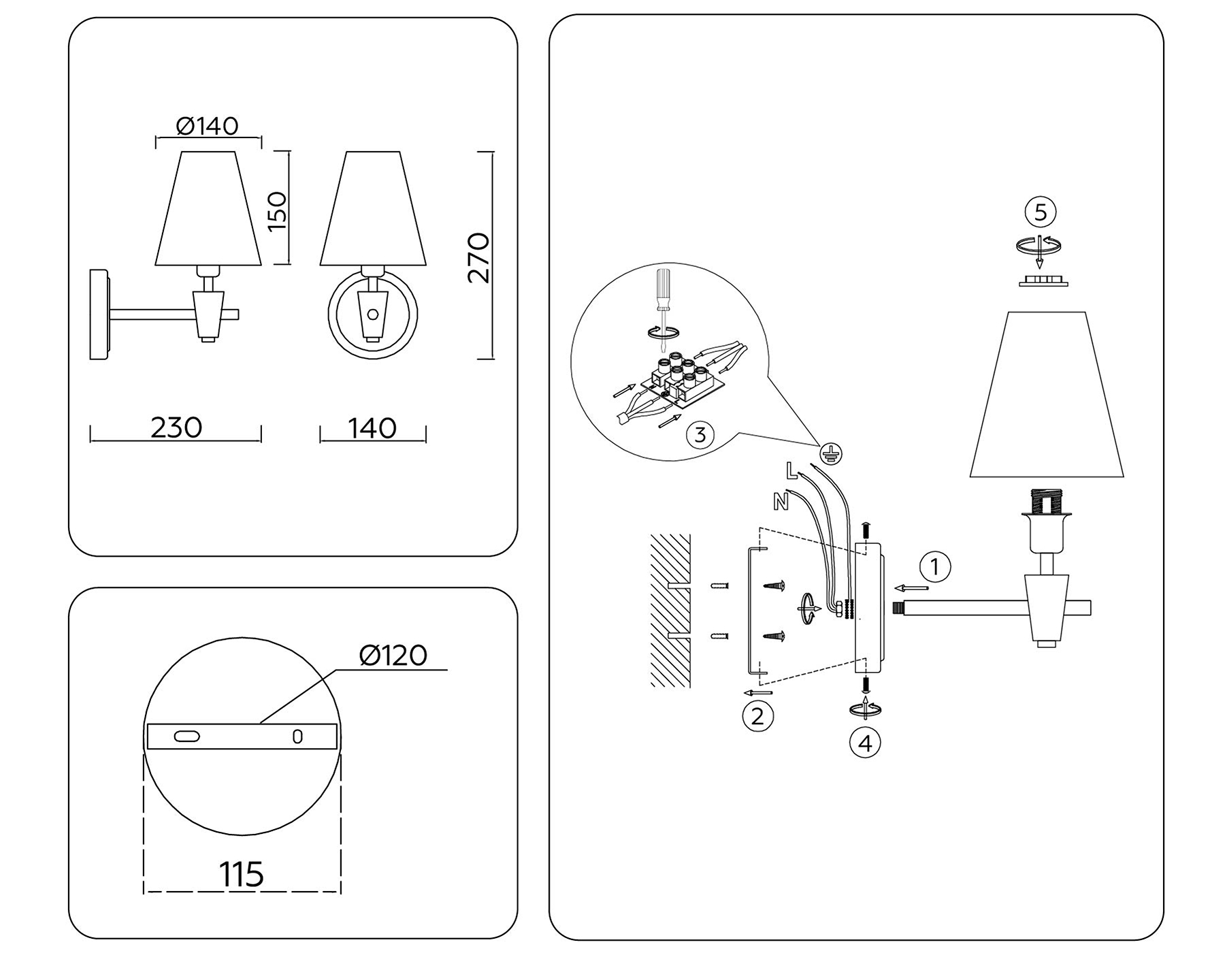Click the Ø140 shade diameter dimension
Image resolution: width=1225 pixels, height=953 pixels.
pos(207,126)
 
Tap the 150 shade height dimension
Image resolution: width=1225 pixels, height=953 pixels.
pos(278,210)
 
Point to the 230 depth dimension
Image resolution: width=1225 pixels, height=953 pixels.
pos(176,427)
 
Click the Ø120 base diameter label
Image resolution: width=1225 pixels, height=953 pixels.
pos(393,655)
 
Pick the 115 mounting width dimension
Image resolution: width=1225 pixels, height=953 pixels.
pos(242,874)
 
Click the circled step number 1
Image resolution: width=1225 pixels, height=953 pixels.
pos(935,566)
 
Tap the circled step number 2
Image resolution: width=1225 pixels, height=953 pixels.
pos(757,715)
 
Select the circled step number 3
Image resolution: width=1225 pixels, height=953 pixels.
pos(701,434)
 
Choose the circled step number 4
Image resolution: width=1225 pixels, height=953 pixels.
pos(865,743)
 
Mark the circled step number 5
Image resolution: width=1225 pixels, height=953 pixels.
pos(1041,212)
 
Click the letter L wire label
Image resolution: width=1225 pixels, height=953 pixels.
pos(791,470)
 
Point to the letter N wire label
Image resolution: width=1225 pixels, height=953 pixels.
pos(781,502)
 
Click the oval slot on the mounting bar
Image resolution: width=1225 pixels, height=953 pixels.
pos(187,737)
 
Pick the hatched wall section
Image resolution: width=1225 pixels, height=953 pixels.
pos(670,609)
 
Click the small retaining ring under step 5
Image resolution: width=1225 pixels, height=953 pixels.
pos(1043,281)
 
